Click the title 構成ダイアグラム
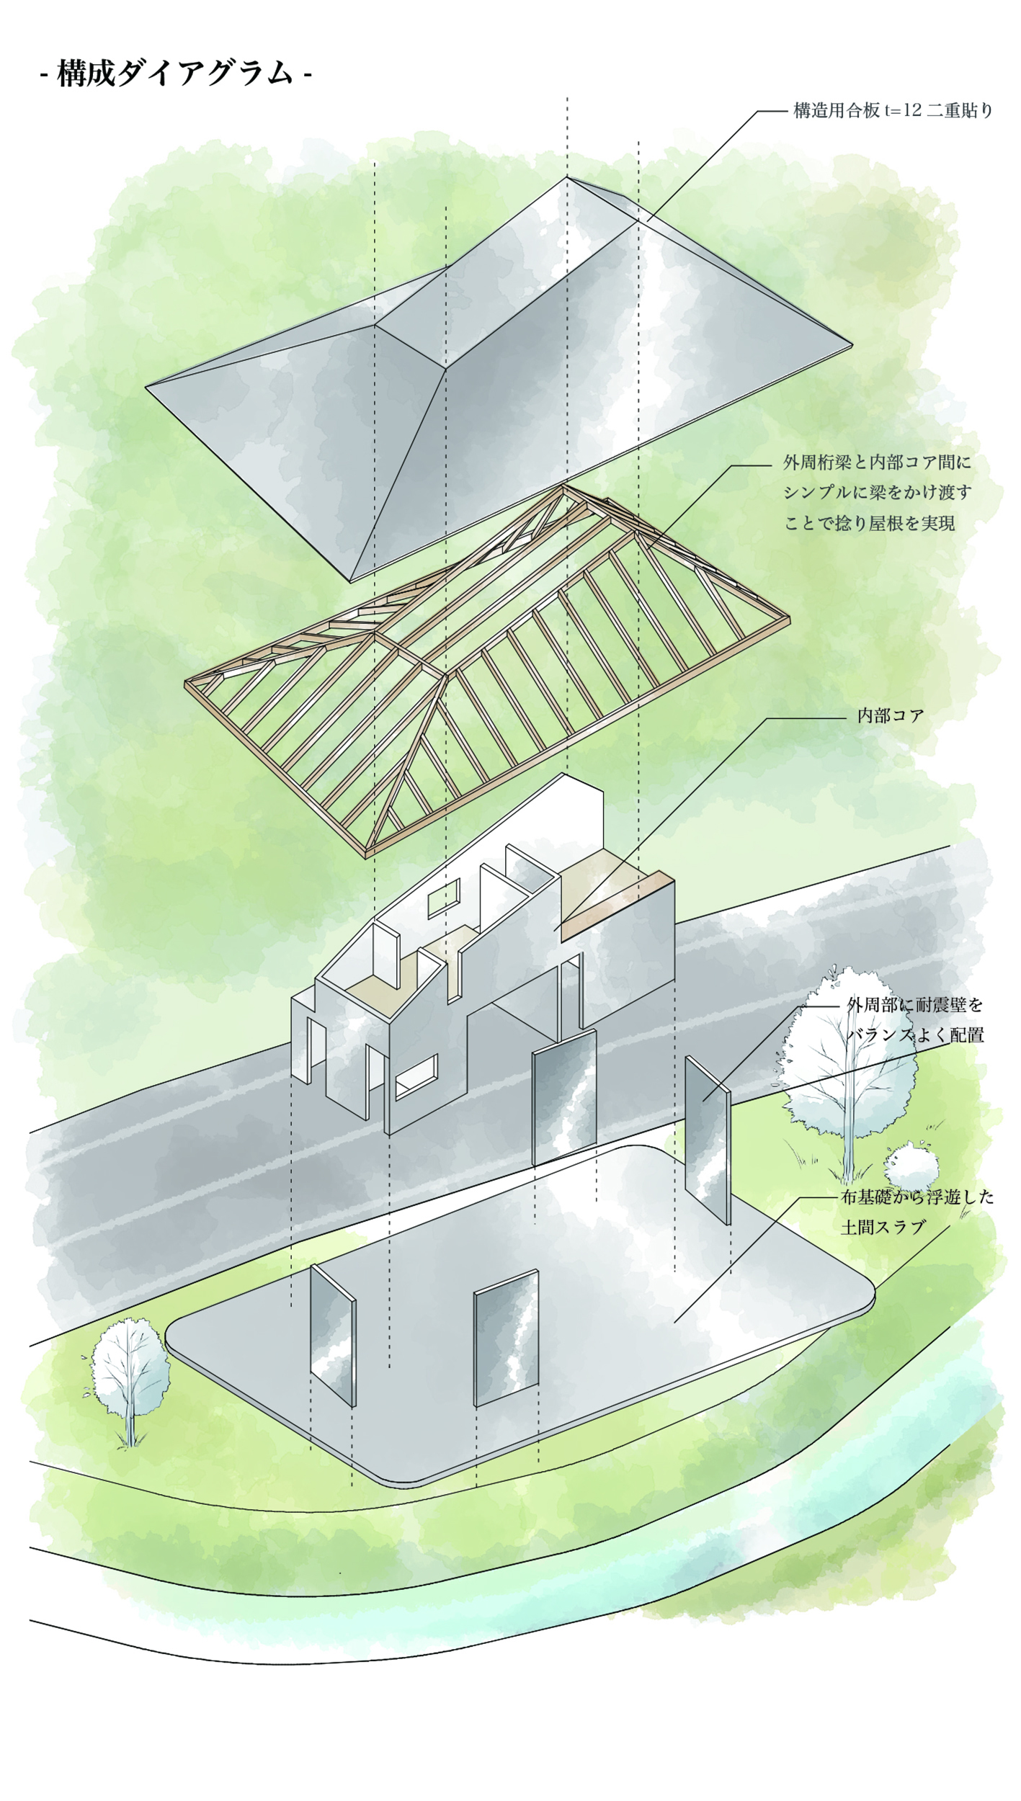coord(176,73)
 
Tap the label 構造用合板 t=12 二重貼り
coord(893,111)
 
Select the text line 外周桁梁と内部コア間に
coord(877,462)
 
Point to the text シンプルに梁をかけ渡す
coord(877,493)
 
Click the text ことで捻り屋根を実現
coord(869,524)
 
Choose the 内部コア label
coord(890,716)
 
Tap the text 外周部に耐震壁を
coord(914,1004)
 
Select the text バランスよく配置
coord(914,1035)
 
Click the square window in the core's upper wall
coord(444,898)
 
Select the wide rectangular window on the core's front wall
coord(416,1076)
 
